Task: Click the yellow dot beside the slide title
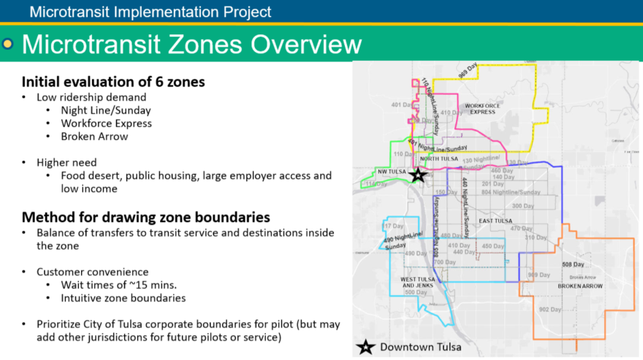(8, 45)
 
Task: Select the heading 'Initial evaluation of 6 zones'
(113, 82)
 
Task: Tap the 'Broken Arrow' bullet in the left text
(95, 136)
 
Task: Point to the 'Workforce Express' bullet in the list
(106, 123)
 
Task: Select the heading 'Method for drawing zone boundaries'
(146, 217)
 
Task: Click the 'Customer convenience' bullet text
(93, 272)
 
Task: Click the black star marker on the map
(418, 175)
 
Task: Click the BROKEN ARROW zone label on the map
(581, 286)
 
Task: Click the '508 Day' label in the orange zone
(574, 264)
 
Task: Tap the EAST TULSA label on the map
(495, 220)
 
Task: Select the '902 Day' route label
(549, 309)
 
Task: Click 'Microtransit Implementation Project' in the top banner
(151, 12)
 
